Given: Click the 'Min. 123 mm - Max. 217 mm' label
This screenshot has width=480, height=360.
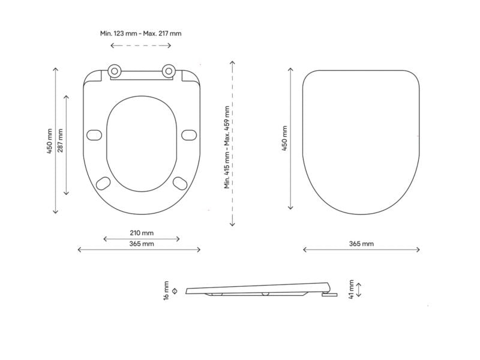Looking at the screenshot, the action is [141, 33].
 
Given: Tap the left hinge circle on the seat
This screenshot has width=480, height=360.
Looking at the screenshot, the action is [115, 71].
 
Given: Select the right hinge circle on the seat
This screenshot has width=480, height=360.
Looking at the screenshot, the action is [169, 71].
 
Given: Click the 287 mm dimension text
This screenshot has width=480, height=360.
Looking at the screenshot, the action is [61, 140].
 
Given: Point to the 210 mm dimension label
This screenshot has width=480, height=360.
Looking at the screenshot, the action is [142, 233].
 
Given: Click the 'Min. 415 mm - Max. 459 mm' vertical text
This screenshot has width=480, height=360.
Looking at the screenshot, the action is [227, 147].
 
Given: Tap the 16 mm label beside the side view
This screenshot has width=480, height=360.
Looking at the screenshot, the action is [166, 290].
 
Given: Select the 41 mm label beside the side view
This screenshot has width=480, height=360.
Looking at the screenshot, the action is [351, 289].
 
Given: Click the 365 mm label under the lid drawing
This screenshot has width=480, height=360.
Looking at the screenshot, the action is [362, 244].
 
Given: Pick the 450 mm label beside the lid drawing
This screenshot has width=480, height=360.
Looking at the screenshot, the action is [284, 138].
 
